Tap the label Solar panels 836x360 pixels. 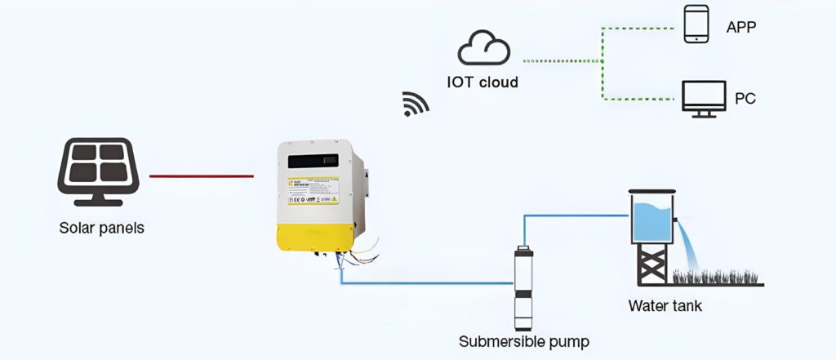[x=101, y=229]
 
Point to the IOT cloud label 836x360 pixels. [x=482, y=82]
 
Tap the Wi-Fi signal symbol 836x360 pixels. [x=416, y=104]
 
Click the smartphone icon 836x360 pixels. [x=696, y=24]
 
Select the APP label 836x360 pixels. [x=741, y=28]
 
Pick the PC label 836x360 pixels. [x=745, y=99]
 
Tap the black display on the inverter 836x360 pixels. [x=313, y=161]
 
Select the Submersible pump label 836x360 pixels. [x=523, y=341]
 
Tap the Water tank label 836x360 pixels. [x=665, y=307]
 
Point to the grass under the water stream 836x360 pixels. [x=718, y=278]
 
